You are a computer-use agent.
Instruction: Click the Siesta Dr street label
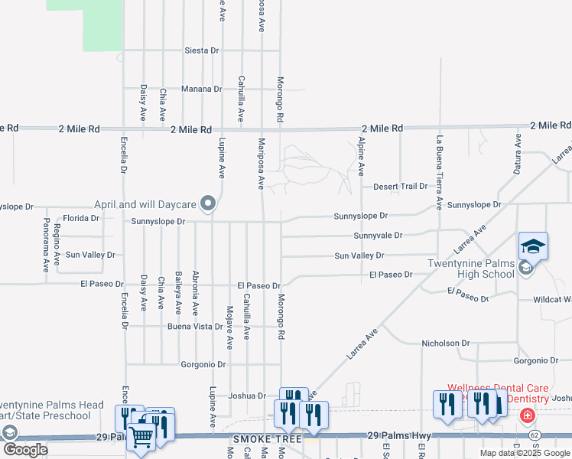[202, 50]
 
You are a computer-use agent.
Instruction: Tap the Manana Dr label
[201, 89]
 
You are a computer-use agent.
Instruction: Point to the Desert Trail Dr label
[400, 187]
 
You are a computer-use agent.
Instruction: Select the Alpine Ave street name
[361, 155]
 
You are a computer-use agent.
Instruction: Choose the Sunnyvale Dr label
[378, 236]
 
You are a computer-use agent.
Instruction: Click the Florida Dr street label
[81, 218]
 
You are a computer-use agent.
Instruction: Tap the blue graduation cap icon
[533, 246]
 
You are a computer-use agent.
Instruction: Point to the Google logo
[25, 451]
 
